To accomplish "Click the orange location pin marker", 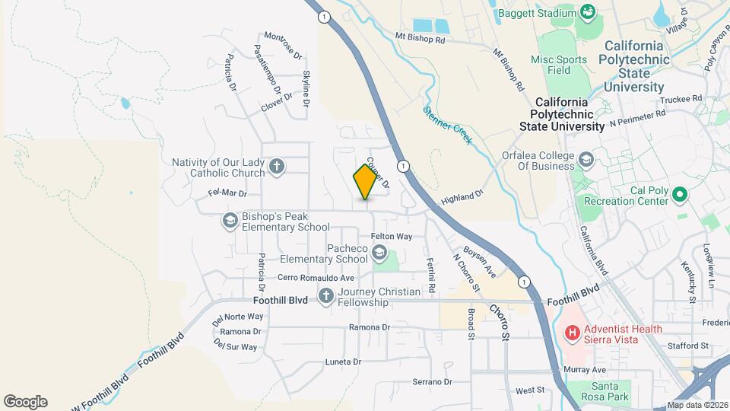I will click(366, 181).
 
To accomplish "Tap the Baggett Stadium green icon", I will click(586, 11).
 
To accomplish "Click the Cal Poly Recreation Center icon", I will click(681, 195).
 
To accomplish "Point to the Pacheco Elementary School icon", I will click(379, 253).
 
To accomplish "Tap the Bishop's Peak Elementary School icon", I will click(230, 221).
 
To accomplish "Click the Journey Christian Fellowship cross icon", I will click(326, 296).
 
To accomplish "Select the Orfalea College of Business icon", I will click(586, 160).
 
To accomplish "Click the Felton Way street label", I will click(391, 237).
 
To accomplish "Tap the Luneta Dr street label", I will click(341, 362).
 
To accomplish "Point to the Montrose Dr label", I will click(283, 46).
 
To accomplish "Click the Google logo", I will click(25, 401).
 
